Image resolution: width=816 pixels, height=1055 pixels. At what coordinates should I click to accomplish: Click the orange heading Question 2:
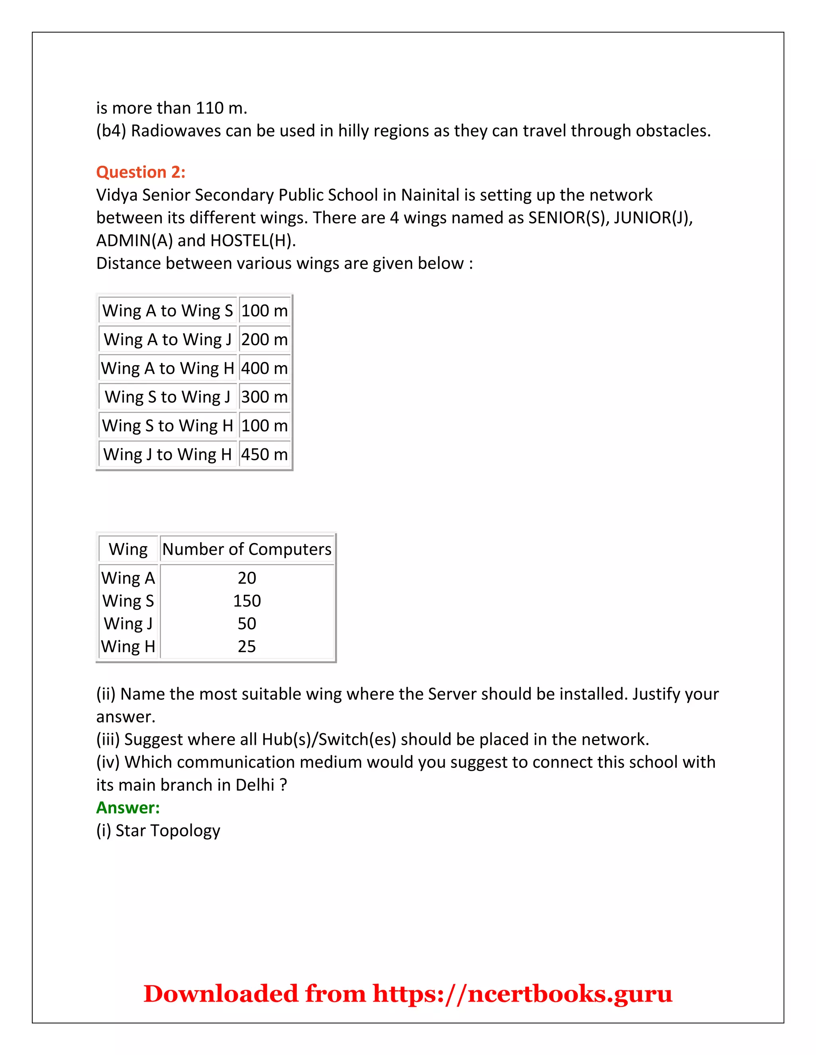pos(141,172)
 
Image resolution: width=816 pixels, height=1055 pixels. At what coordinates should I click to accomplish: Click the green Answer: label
pos(127,807)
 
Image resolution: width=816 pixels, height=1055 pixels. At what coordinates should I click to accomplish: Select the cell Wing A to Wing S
pos(167,311)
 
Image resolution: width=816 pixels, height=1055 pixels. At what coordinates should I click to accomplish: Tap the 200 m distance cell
pos(265,340)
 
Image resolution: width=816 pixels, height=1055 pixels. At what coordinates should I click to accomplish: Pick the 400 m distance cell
pos(265,368)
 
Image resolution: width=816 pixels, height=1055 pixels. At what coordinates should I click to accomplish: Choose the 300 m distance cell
pos(265,397)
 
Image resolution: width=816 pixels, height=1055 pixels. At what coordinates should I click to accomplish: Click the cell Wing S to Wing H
pos(167,426)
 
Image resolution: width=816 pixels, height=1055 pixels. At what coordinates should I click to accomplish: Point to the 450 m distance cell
pos(265,454)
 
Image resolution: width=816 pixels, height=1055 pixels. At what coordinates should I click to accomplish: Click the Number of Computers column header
pos(247,549)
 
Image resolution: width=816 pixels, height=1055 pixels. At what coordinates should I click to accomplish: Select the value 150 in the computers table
pos(247,600)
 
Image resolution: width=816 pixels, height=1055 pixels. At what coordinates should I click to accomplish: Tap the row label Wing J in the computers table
pos(128,623)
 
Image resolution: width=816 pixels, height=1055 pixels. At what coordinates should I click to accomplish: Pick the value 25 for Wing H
pos(247,646)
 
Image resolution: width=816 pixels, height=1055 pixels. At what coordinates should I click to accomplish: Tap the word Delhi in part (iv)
pos(255,785)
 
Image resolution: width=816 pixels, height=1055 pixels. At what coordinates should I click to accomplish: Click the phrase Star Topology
pos(168,830)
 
